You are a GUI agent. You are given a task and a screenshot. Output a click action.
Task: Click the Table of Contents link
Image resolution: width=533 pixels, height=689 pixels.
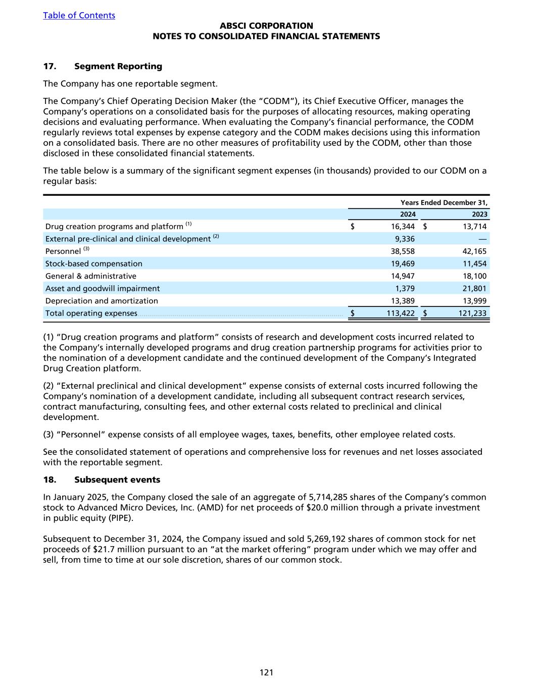click(x=79, y=15)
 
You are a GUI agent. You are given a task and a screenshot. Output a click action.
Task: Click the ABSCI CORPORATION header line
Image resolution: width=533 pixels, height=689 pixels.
click(x=266, y=26)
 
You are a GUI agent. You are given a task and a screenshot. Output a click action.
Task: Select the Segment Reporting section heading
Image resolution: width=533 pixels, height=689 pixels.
click(x=118, y=66)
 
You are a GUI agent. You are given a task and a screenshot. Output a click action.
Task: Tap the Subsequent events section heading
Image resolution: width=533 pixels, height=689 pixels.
click(x=117, y=480)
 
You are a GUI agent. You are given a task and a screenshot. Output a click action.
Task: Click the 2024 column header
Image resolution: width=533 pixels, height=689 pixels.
click(x=408, y=214)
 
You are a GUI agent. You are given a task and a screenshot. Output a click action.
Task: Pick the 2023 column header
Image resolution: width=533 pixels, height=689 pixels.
click(x=479, y=214)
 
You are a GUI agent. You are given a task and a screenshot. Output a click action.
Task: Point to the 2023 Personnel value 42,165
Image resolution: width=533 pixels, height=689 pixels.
click(x=474, y=251)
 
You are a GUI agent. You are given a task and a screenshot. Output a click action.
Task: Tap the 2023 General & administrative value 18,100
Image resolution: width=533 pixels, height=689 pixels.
click(x=474, y=276)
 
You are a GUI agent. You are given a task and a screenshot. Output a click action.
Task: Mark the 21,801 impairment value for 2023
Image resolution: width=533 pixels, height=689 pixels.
click(x=474, y=288)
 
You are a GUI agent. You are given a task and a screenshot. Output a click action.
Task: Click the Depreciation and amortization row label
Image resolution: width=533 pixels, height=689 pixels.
click(x=102, y=301)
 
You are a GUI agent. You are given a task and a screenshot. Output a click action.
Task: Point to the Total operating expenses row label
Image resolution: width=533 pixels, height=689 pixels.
click(x=91, y=313)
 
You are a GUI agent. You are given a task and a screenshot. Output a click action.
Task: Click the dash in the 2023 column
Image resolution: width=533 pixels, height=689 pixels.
click(x=482, y=239)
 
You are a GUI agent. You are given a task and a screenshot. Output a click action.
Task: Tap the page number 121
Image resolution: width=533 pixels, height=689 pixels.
click(x=266, y=672)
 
